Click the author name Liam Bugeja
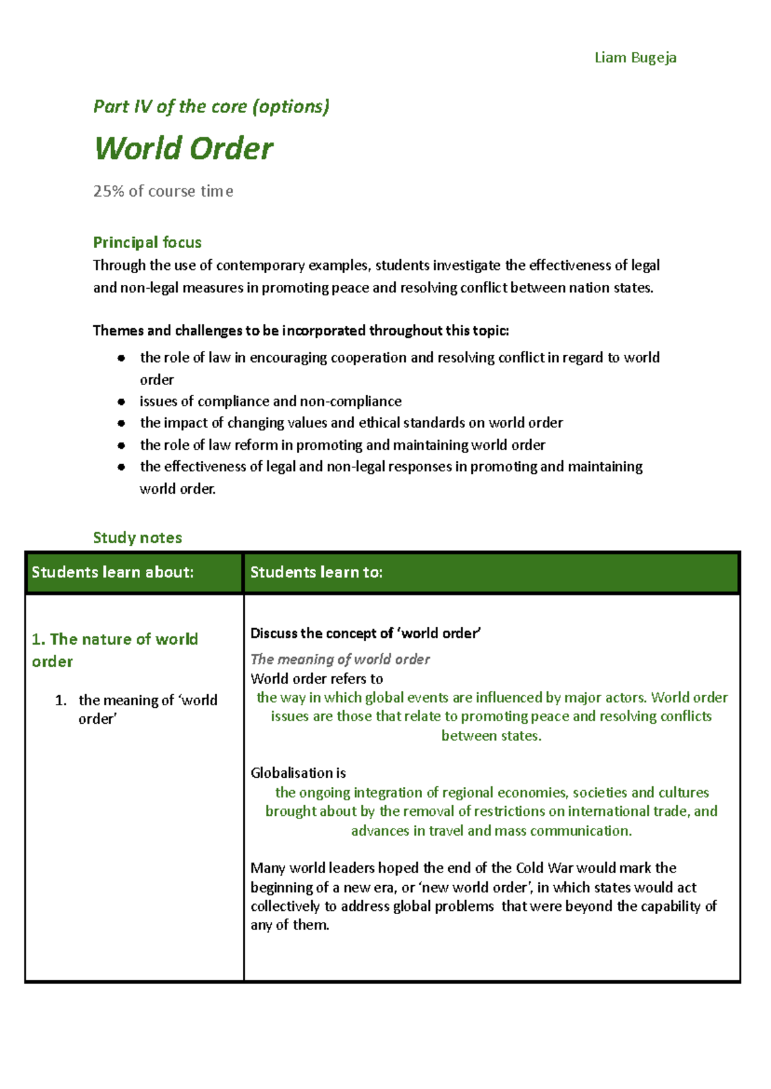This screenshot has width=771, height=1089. (635, 58)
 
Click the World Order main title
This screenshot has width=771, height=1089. (184, 148)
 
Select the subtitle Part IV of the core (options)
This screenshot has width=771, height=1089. (211, 107)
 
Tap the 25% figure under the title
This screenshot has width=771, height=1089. (108, 192)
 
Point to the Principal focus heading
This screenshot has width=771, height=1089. (147, 242)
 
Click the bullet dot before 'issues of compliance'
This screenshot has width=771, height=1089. (121, 402)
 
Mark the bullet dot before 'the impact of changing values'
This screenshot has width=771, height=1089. (121, 423)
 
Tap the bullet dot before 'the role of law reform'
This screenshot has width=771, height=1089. (121, 445)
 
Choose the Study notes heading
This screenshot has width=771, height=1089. (137, 537)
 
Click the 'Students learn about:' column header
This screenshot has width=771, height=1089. (112, 572)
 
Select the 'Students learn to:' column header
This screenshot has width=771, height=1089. (316, 572)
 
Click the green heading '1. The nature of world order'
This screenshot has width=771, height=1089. (114, 650)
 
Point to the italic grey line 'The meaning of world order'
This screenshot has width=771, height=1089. (340, 659)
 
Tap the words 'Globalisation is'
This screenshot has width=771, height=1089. (298, 773)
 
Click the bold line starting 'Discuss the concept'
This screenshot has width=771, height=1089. (365, 633)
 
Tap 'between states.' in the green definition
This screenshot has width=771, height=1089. (492, 735)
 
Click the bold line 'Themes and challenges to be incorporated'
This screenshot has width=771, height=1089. (301, 330)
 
